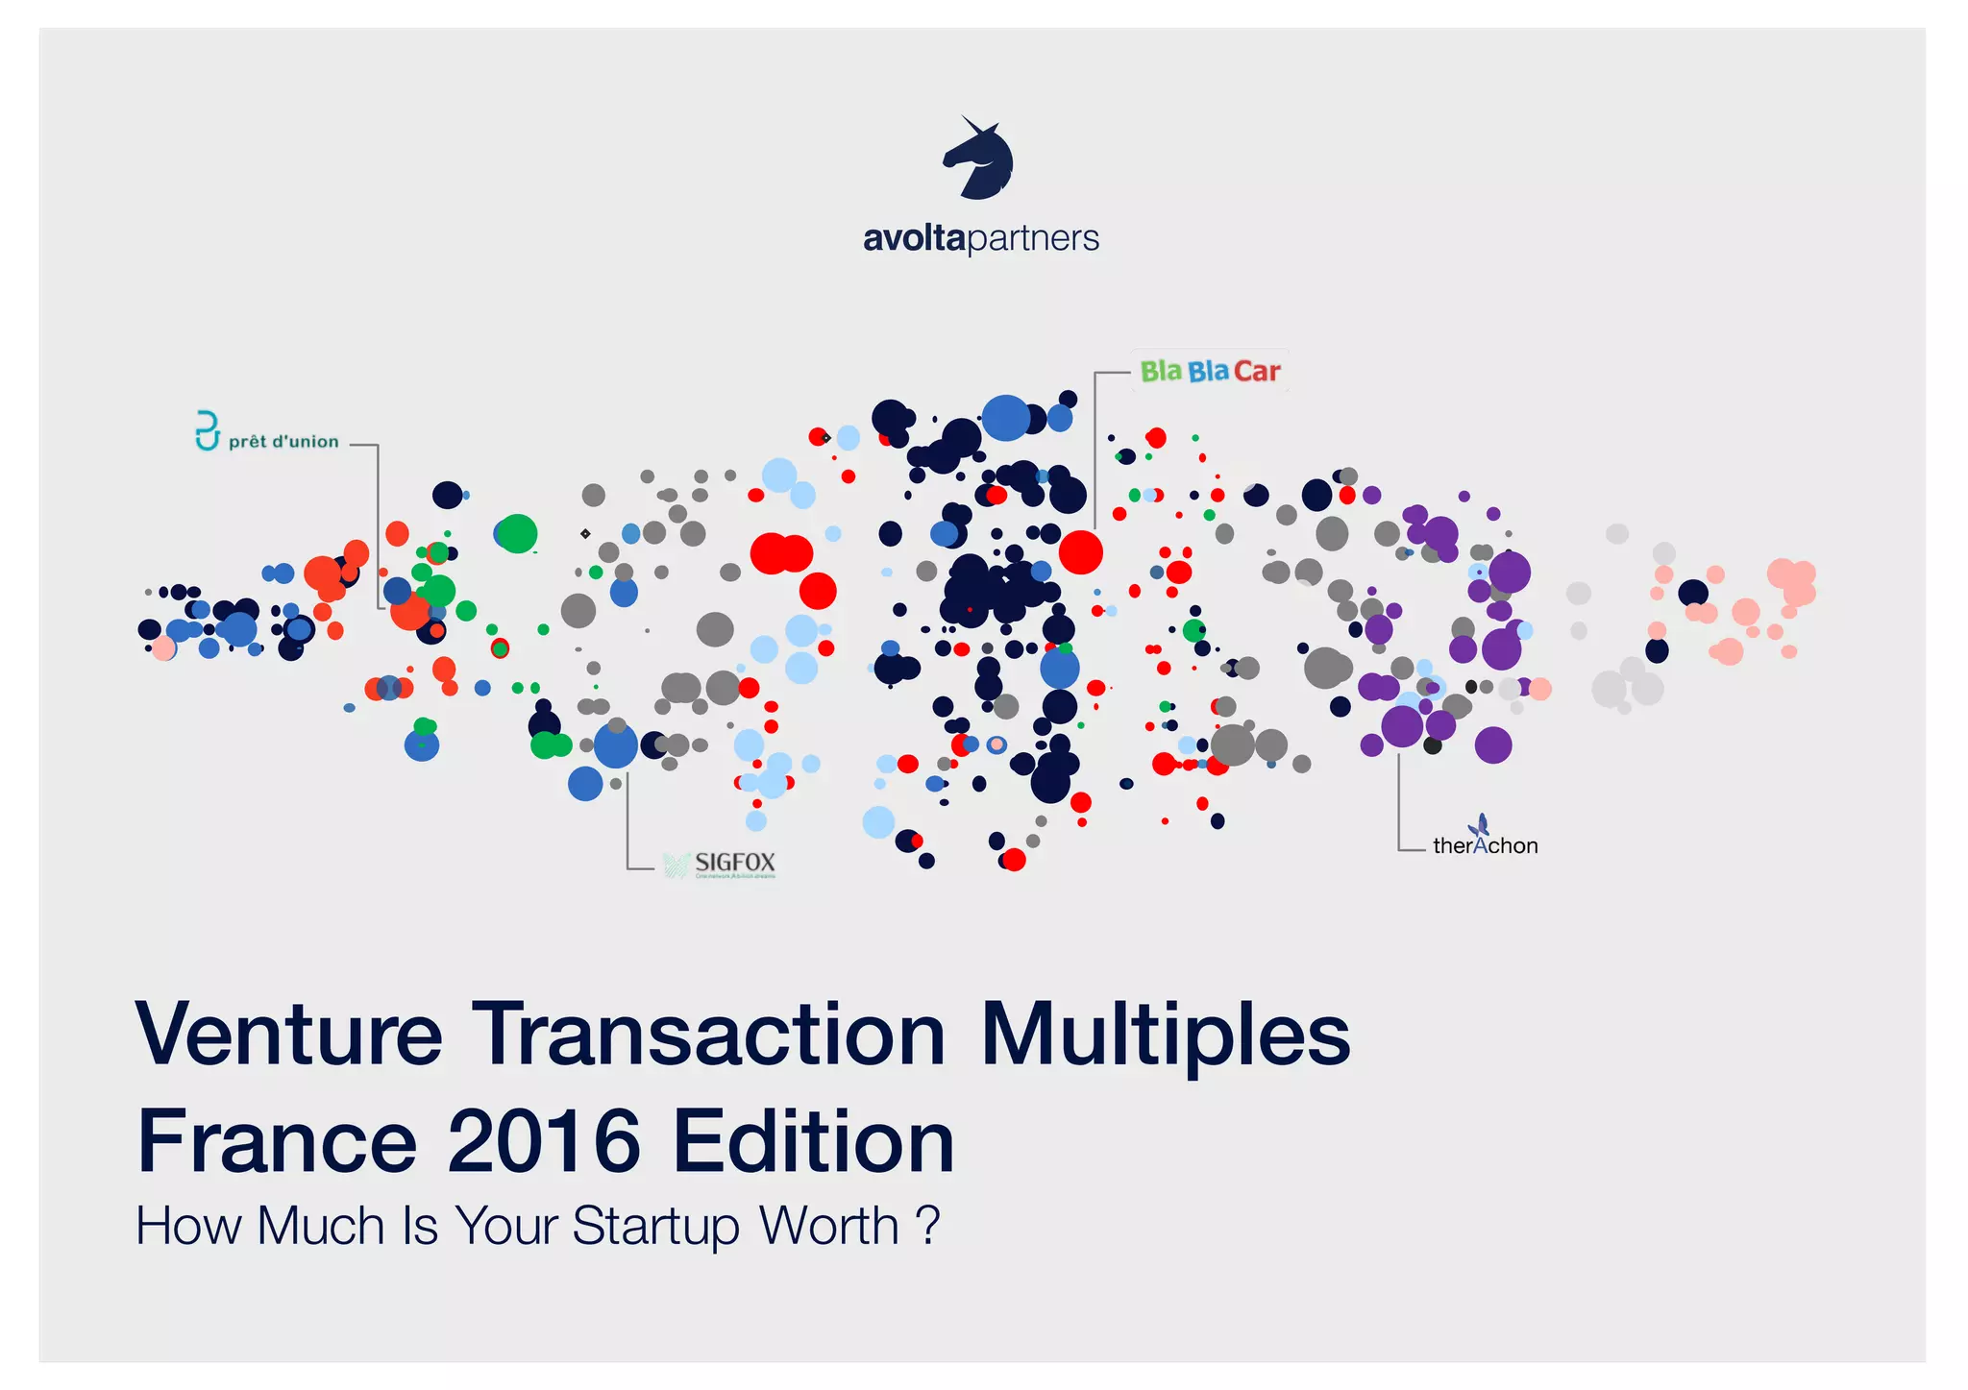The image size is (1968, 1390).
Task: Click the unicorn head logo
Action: pyautogui.click(x=978, y=159)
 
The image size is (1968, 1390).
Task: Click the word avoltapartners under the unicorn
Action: pyautogui.click(x=980, y=237)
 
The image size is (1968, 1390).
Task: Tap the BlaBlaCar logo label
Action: pyautogui.click(x=1210, y=371)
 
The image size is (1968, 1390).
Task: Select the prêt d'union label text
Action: pyautogui.click(x=283, y=442)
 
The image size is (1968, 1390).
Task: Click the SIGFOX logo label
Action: pyautogui.click(x=734, y=863)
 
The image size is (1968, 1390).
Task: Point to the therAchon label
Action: pyautogui.click(x=1485, y=844)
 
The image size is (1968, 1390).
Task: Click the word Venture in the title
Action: pyautogui.click(x=288, y=1035)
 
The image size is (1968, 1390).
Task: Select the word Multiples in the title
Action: pyautogui.click(x=1165, y=1035)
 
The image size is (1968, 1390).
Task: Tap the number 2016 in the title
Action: pyautogui.click(x=544, y=1141)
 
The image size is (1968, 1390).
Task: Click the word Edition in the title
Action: pyautogui.click(x=813, y=1141)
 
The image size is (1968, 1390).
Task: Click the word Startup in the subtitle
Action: pyautogui.click(x=655, y=1226)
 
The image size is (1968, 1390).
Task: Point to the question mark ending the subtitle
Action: pyautogui.click(x=927, y=1226)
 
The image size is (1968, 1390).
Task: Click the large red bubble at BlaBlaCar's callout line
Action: pyautogui.click(x=1080, y=552)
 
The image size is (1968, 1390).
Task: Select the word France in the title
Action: pyautogui.click(x=277, y=1141)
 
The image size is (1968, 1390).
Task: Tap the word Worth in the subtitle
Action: pyautogui.click(x=828, y=1226)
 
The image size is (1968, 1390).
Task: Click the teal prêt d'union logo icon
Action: pyautogui.click(x=207, y=431)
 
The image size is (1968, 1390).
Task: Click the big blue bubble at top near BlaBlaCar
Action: pyautogui.click(x=1005, y=418)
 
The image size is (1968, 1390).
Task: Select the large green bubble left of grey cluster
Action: pyautogui.click(x=517, y=533)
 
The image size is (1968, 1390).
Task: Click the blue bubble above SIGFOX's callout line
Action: pyautogui.click(x=615, y=745)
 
